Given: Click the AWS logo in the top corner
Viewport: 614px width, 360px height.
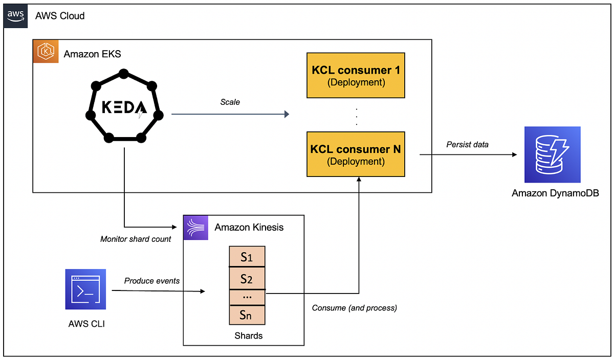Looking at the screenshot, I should [x=15, y=15].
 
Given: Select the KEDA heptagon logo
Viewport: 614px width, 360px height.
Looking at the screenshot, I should [x=123, y=107].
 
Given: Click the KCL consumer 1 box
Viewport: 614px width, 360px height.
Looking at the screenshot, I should [x=356, y=75].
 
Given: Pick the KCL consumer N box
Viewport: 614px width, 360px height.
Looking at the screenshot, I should [x=356, y=154].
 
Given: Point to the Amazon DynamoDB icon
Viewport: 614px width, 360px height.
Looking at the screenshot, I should [x=553, y=155].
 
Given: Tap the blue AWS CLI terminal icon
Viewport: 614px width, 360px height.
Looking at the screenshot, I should [x=85, y=289].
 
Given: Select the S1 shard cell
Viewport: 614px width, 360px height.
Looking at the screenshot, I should [x=247, y=257].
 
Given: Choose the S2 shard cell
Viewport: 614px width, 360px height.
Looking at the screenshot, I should [x=247, y=279].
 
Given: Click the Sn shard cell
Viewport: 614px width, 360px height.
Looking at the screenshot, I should [x=247, y=315].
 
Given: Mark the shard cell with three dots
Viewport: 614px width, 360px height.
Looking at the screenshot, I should [x=247, y=297].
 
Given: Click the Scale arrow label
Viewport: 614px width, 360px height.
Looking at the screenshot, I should [x=230, y=102].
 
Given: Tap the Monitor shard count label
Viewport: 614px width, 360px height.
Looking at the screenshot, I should [x=136, y=239].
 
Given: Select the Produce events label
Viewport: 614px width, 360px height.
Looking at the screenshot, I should [x=152, y=281].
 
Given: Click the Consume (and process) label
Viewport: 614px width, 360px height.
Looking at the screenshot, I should [x=354, y=307].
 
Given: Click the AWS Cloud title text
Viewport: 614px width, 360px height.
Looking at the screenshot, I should [x=60, y=16].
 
